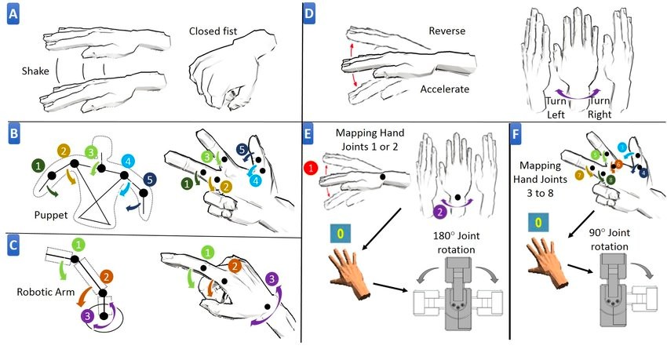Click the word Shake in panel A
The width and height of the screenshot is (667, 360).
(37, 71)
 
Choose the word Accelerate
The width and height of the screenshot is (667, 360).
(443, 89)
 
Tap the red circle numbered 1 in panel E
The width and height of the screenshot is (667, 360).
(312, 166)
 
